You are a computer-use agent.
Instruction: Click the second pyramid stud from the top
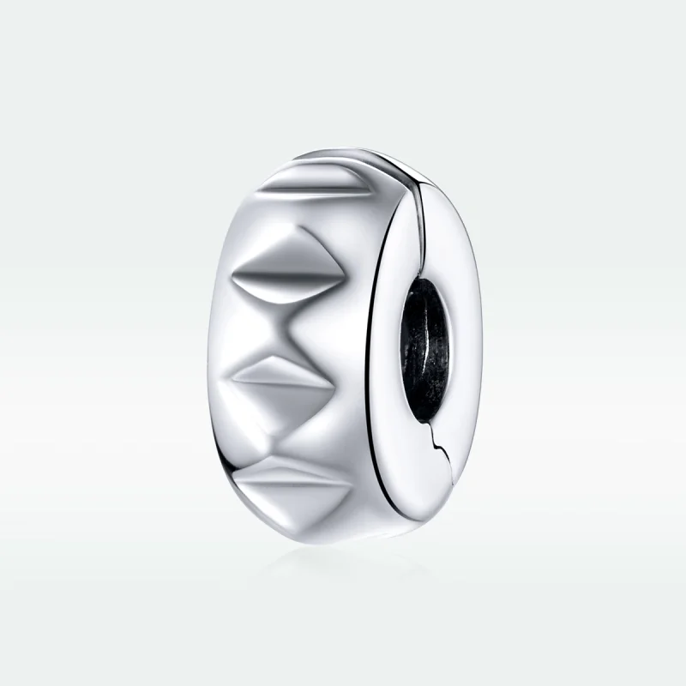pos(292,274)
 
